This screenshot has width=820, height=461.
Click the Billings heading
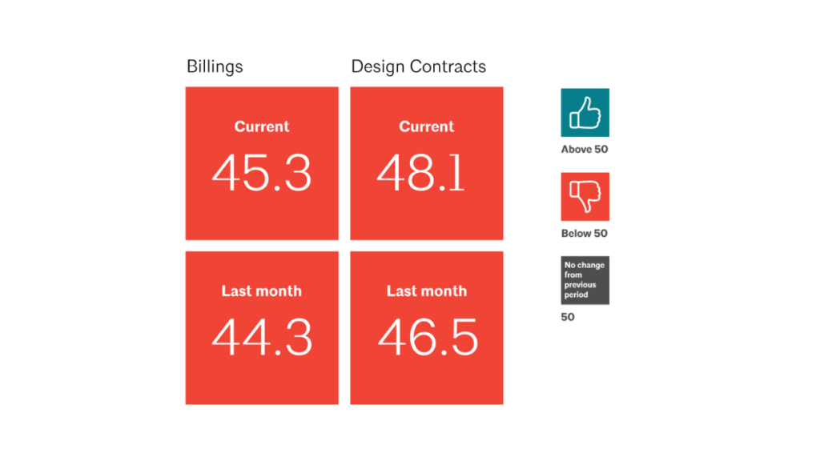pos(215,67)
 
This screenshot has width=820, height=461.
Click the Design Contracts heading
pos(418,67)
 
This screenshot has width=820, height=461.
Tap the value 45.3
pos(261,173)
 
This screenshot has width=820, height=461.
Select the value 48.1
pos(420,173)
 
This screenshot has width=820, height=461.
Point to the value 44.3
pos(261,338)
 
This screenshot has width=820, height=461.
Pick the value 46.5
pos(428,338)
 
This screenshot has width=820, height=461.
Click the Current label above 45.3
pos(262,126)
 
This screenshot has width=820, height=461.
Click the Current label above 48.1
pos(427,126)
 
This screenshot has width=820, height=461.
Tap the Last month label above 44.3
pos(262,291)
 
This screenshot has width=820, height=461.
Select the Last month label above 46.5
pos(427,291)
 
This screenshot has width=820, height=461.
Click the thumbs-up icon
pos(585,113)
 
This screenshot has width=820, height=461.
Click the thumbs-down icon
pos(585,197)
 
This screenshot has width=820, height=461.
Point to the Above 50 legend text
pos(584,150)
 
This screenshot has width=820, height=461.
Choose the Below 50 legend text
pos(584,234)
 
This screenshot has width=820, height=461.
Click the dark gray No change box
pos(585,280)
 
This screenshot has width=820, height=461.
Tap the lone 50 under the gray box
pos(568,317)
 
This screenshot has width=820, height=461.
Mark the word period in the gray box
pos(576,295)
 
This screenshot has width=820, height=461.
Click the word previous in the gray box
pos(580,285)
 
